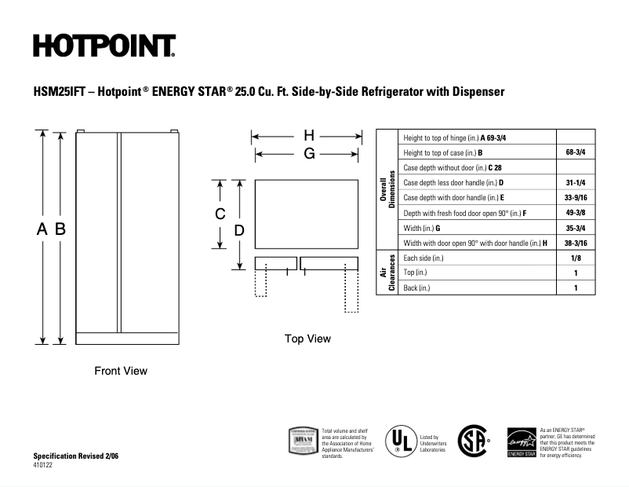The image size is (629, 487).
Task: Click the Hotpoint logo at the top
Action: point(104,46)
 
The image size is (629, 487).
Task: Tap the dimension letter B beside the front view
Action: point(60,229)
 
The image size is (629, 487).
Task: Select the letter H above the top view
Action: point(308,135)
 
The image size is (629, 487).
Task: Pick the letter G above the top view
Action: point(308,154)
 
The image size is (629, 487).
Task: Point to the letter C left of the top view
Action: point(221,214)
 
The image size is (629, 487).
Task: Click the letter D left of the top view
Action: point(240,230)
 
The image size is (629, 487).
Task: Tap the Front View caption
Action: point(121,371)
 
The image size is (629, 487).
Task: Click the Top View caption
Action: point(307,339)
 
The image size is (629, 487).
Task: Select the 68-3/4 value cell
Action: point(576,152)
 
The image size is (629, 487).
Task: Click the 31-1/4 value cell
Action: point(576,182)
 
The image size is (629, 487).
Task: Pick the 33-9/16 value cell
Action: point(576,198)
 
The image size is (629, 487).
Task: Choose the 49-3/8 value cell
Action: point(576,213)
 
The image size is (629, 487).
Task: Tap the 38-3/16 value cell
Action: point(576,243)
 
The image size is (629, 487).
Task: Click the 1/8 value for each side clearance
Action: point(576,258)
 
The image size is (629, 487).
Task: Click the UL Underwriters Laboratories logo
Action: point(400,441)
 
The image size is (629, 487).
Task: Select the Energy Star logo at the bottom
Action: point(521,443)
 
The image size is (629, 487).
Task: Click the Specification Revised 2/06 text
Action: point(76,456)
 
